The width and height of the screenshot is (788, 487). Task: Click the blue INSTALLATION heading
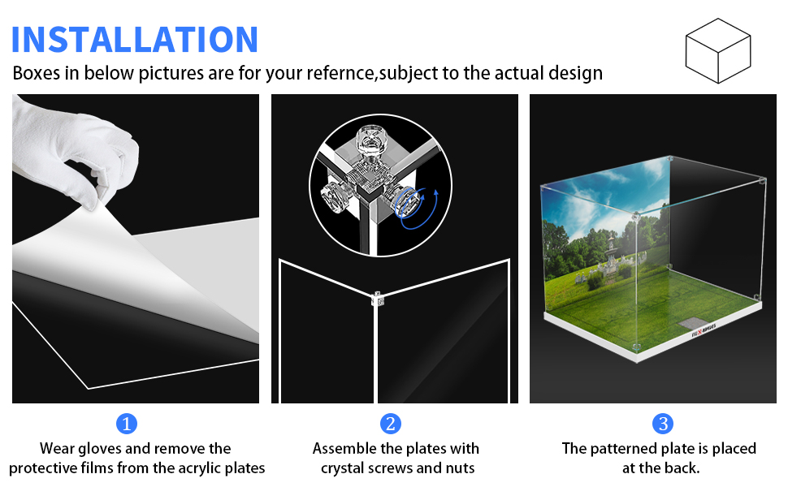pos(135,40)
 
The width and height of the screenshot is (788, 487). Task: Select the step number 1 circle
pos(127,424)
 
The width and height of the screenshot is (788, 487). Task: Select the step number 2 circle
pos(391,424)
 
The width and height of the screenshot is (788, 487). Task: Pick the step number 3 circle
pos(663,424)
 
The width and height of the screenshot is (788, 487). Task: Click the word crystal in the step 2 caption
pos(343,468)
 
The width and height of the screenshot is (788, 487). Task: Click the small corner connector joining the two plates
pos(377,298)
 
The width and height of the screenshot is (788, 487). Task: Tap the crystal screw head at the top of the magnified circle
pos(373,140)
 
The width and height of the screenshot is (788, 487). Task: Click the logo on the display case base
pos(704,330)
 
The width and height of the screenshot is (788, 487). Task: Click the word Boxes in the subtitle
pos(37,73)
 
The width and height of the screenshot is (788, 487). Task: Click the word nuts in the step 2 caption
pos(458,468)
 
